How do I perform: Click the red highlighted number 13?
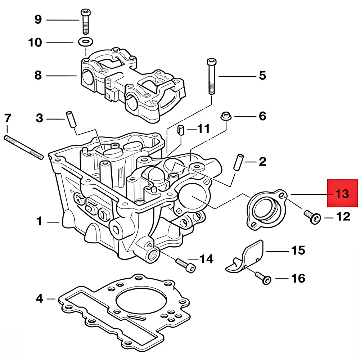[342, 194]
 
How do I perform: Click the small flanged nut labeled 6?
[225, 117]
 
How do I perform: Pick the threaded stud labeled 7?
[23, 147]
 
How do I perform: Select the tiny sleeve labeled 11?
[181, 129]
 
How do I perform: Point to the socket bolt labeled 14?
[186, 264]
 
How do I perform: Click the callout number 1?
[40, 221]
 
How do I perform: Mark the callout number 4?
[40, 298]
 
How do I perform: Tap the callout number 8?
[38, 76]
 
